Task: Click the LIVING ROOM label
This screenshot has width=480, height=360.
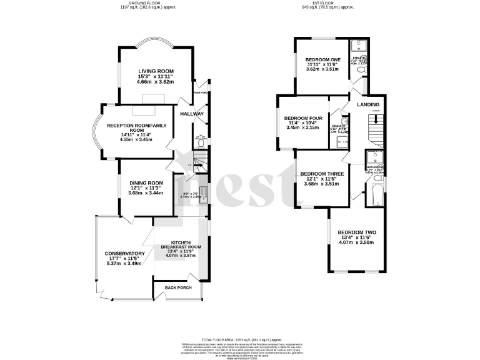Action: (156, 71)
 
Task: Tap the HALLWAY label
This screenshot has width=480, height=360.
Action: (191, 114)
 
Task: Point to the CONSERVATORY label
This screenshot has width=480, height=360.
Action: (124, 253)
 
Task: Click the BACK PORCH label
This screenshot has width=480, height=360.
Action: (177, 287)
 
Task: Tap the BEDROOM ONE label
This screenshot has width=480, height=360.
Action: (322, 59)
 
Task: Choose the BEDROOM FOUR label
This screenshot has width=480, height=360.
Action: (303, 117)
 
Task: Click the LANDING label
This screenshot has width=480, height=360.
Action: (368, 104)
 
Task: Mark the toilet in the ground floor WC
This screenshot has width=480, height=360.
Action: (200, 143)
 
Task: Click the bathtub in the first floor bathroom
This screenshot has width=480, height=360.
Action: (375, 192)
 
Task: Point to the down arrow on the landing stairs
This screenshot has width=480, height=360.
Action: (376, 111)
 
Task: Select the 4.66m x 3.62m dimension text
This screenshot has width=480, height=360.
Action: (156, 82)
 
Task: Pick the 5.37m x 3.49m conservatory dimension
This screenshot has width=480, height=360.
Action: (124, 263)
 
